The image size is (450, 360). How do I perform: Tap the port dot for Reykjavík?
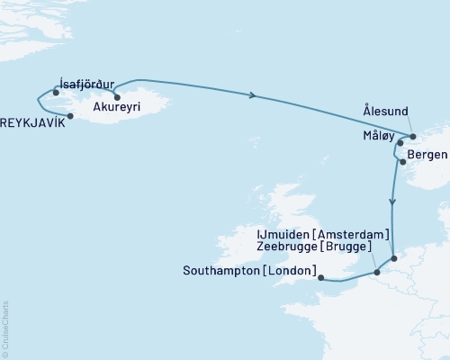[x=70, y=114]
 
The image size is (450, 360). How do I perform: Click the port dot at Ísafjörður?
[x=56, y=93]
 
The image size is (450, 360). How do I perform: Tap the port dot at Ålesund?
[x=413, y=137]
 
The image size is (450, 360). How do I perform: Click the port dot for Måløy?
[x=400, y=142]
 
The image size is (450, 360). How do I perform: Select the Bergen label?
[x=427, y=155]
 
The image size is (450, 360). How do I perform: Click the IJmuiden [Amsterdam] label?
[x=323, y=233]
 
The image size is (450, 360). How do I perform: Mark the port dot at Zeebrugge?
[x=377, y=271]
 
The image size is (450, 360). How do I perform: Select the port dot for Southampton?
[x=320, y=278]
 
